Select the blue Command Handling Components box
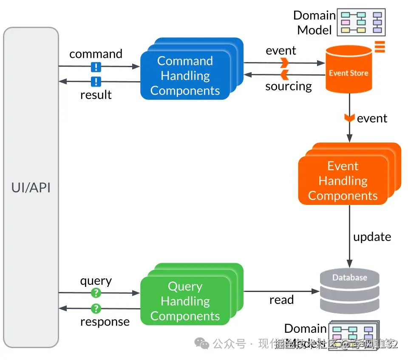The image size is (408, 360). pos(185,76)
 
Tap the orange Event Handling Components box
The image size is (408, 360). pos(343,181)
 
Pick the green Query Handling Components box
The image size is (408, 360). pos(185,301)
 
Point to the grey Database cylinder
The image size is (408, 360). pos(349,291)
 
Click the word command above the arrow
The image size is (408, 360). pos(96,54)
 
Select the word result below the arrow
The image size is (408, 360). pos(96,95)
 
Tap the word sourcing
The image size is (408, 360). pos(289,86)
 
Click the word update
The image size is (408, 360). pos(372,237)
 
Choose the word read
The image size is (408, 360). pos(281,300)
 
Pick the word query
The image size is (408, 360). pos(96,281)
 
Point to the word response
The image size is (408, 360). pos(105,322)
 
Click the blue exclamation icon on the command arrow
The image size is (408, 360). pos(96,67)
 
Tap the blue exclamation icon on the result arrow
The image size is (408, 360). pos(96,82)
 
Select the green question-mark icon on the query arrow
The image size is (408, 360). pos(96,292)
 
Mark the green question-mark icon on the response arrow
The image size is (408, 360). pos(96,308)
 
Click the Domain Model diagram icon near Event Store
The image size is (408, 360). pos(361,23)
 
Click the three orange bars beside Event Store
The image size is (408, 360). pos(380,46)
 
